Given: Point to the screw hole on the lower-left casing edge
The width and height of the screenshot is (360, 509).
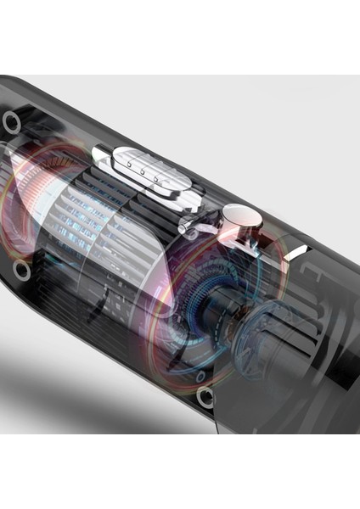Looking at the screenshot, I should [x=23, y=271].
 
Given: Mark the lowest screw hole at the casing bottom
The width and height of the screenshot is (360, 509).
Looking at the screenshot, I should [x=205, y=396].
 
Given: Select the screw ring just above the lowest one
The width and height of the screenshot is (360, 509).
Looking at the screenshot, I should [x=200, y=374].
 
